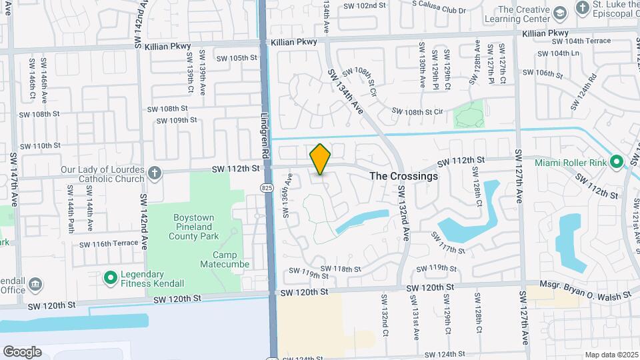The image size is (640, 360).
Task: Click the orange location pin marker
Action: point(320,159)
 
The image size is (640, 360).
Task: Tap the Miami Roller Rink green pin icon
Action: point(617,162)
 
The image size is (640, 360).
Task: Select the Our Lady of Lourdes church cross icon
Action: point(155,173)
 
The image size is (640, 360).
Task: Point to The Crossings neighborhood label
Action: point(403,176)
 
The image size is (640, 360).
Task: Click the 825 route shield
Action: point(267,189)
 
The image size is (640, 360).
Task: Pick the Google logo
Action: point(22,351)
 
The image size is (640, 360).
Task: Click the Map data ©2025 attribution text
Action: point(611,355)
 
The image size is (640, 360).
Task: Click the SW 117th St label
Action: point(447,243)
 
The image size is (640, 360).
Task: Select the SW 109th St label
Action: point(176,121)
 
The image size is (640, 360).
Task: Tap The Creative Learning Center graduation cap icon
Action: point(561,13)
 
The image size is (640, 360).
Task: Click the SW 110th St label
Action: point(40,145)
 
